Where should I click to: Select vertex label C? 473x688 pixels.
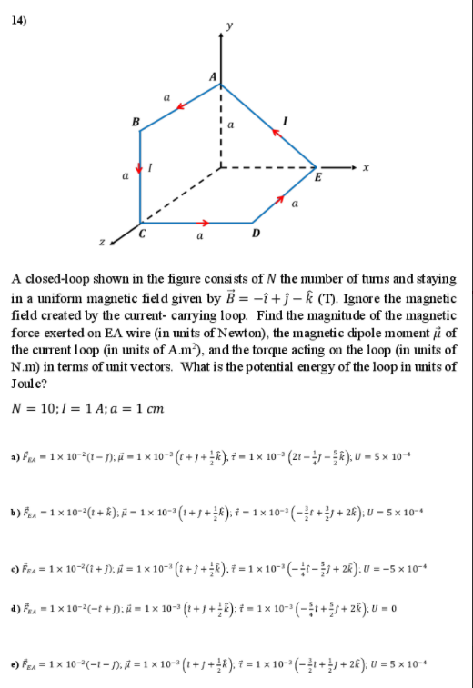(x=143, y=234)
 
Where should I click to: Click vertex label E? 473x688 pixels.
(x=316, y=177)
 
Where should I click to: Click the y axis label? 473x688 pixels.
(x=229, y=25)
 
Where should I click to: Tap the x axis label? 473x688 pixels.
(x=365, y=167)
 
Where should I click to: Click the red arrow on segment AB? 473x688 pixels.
(x=180, y=106)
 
